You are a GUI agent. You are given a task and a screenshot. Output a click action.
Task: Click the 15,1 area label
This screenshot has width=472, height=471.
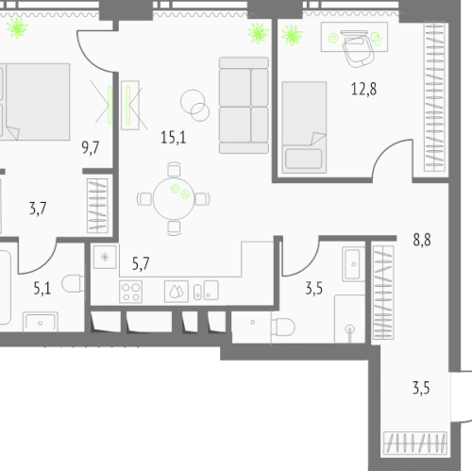click(174, 138)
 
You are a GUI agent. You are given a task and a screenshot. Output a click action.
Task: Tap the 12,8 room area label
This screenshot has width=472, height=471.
click(363, 89)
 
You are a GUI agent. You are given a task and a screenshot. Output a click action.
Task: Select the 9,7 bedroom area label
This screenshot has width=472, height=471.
click(91, 147)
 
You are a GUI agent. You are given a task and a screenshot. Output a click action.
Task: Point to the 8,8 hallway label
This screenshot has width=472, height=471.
click(422, 240)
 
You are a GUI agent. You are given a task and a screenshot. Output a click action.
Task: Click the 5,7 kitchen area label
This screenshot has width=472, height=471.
click(141, 263)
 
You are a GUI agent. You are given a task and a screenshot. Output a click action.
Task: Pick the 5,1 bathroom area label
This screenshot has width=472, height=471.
click(42, 288)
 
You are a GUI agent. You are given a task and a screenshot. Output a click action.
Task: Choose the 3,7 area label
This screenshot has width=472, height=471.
click(38, 209)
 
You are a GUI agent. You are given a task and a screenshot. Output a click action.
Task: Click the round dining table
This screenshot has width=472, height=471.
click(174, 198)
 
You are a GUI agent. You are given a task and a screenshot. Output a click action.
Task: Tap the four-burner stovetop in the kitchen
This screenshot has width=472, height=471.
click(130, 292)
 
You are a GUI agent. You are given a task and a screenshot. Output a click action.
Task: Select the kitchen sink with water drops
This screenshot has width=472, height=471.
click(177, 292)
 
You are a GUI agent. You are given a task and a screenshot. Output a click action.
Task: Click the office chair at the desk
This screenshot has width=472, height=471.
click(359, 48)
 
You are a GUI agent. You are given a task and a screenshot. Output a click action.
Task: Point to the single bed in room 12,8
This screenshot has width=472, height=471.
click(304, 127)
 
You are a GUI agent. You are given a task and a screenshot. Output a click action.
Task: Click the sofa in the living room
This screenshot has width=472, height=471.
click(244, 105)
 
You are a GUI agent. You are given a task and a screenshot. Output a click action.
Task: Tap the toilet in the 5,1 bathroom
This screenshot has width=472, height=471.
click(73, 283)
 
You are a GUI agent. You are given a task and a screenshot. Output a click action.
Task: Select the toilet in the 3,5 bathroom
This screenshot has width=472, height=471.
click(283, 327)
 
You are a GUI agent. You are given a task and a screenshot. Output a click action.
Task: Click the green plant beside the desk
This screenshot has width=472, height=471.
click(292, 35)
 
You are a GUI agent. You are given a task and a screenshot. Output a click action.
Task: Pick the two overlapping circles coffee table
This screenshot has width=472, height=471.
click(194, 105)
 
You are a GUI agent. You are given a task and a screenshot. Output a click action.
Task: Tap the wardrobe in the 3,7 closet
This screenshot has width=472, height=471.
click(97, 206)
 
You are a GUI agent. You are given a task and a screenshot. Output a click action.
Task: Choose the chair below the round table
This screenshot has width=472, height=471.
click(174, 227)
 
